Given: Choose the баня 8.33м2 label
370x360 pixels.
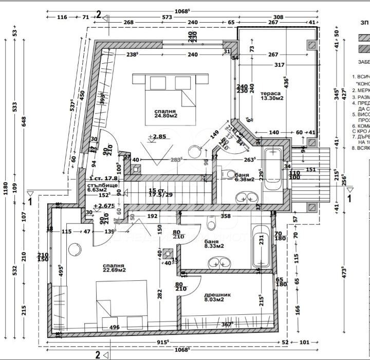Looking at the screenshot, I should tap(213, 243).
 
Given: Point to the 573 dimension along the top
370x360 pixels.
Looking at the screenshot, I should tap(166, 17).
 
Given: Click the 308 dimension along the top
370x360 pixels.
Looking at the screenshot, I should tap(278, 17).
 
